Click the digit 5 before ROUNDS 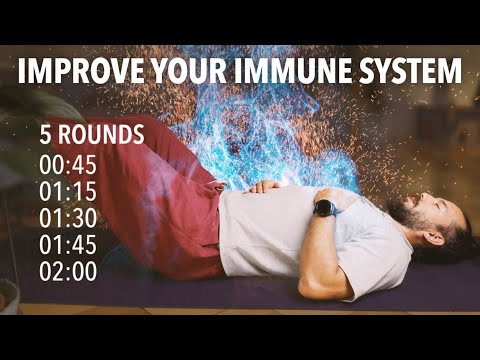point(46,135)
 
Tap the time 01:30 point(70,216)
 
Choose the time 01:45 point(70,243)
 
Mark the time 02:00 point(70,270)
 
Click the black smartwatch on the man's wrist point(325,208)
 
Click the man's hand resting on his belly point(266,185)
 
